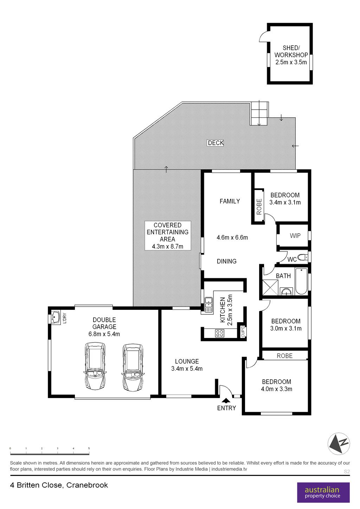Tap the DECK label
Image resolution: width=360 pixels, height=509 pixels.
(x=216, y=143)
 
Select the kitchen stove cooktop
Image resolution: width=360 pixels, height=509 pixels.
(x=219, y=333)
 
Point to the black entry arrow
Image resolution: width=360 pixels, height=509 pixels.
(x=226, y=400)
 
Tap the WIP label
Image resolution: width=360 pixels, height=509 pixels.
(x=295, y=236)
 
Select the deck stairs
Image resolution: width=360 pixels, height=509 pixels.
(x=259, y=113)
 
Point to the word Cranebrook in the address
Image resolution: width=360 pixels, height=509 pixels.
(x=87, y=485)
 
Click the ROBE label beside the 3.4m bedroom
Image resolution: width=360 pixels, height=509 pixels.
(x=259, y=207)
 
